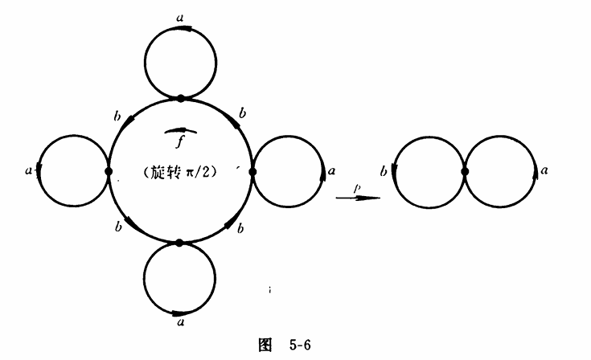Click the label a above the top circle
[180, 18]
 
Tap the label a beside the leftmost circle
[29, 170]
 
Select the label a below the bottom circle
[181, 322]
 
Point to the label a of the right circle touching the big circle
[331, 171]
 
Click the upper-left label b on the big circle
[117, 117]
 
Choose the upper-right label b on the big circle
[243, 113]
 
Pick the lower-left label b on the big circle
[119, 227]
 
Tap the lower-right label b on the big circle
[240, 228]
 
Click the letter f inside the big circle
[180, 142]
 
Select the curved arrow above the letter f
[181, 130]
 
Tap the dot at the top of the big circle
[181, 99]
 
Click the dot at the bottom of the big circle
[179, 243]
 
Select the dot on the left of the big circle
[109, 172]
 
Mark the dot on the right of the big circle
[252, 172]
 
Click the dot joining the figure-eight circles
[465, 172]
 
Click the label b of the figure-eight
[384, 171]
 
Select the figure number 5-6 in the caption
[300, 345]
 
